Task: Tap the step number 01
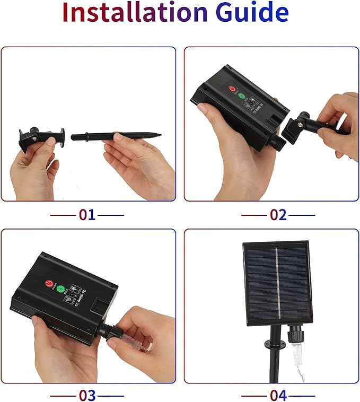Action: [87, 215]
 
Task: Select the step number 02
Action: [278, 215]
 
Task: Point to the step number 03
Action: [87, 395]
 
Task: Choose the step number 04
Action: [278, 395]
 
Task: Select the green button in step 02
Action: [242, 98]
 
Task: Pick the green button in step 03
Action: [60, 290]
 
